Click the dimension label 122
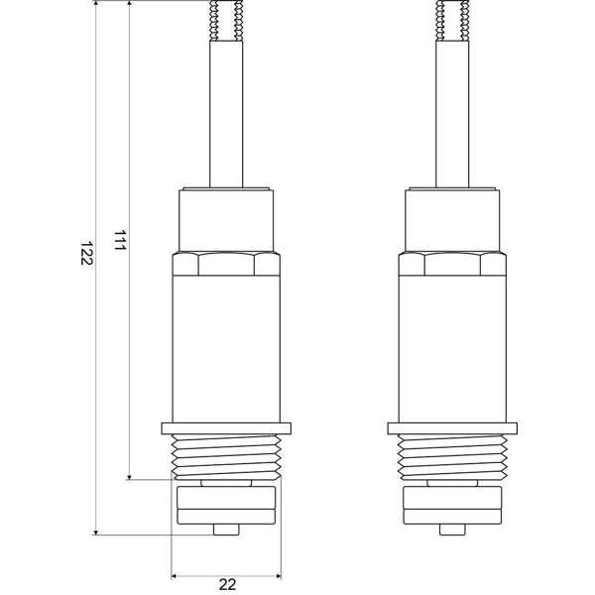[x=87, y=254]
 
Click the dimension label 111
[x=119, y=243]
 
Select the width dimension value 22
[x=226, y=584]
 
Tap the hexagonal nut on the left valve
[x=226, y=265]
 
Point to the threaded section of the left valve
[x=226, y=455]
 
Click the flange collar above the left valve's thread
[x=226, y=428]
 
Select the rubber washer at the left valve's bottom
[x=226, y=505]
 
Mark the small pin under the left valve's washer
[x=226, y=531]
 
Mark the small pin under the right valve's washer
[x=452, y=531]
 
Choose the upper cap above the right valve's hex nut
[x=452, y=219]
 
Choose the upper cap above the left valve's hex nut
[x=226, y=219]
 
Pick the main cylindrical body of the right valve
[x=452, y=347]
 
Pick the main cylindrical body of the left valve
[x=226, y=347]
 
